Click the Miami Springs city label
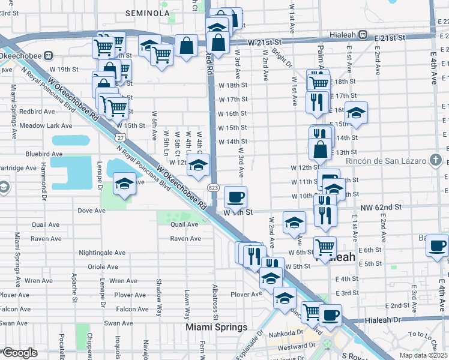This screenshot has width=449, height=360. pyautogui.click(x=216, y=328)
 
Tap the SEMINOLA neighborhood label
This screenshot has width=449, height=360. pyautogui.click(x=148, y=13)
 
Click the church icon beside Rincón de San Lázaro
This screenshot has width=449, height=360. pyautogui.click(x=436, y=161)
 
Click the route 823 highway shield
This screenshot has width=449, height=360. pyautogui.click(x=214, y=188)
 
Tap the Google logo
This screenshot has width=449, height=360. pyautogui.click(x=19, y=353)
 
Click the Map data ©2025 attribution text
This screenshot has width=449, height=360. pyautogui.click(x=422, y=355)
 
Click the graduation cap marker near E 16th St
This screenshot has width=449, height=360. pyautogui.click(x=356, y=113)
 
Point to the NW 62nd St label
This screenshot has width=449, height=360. pyautogui.click(x=384, y=208)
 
